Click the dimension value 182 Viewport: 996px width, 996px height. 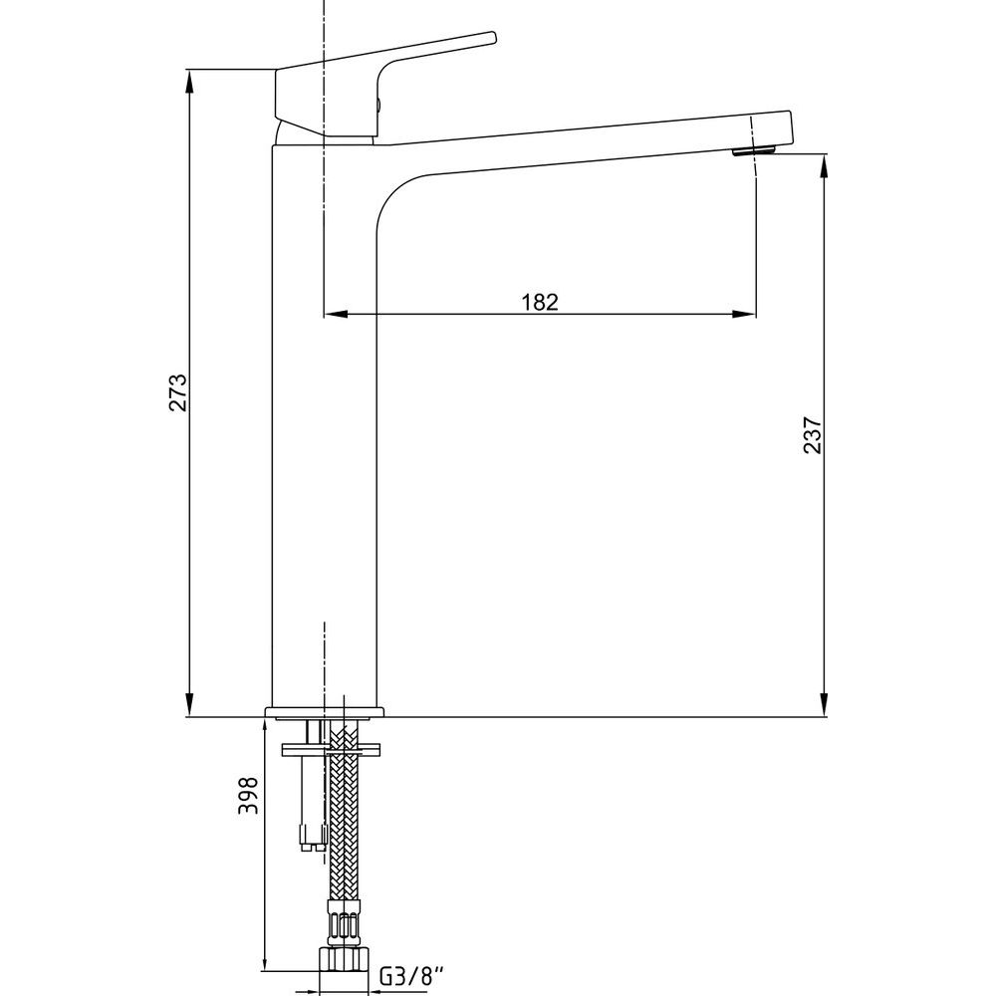click(x=540, y=302)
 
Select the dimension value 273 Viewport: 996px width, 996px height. click(x=178, y=392)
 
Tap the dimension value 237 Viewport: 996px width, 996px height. click(x=813, y=434)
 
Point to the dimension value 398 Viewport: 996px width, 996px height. click(x=248, y=795)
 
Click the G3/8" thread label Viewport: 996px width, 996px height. click(x=411, y=975)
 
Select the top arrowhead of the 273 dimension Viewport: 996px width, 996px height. click(x=189, y=81)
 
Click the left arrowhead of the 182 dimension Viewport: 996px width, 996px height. click(x=336, y=314)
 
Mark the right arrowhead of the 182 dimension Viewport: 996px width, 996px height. click(x=744, y=314)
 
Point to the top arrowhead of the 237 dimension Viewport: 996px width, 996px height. click(x=825, y=165)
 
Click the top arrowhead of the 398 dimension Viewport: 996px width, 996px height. click(x=264, y=730)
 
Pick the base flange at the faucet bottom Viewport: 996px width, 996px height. click(x=325, y=712)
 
